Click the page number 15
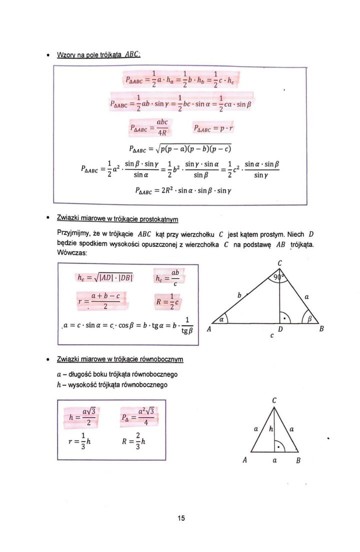(x=181, y=518)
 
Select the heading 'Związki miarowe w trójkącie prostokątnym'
(x=118, y=219)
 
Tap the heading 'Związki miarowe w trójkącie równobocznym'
(x=120, y=359)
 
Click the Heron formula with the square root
(x=180, y=148)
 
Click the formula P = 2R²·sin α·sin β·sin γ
(x=180, y=190)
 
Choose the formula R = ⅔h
(x=133, y=441)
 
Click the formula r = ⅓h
(x=79, y=441)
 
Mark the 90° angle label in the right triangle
(x=278, y=276)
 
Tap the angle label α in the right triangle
(x=220, y=318)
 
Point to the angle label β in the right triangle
(x=309, y=318)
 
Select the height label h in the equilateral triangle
(x=270, y=428)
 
